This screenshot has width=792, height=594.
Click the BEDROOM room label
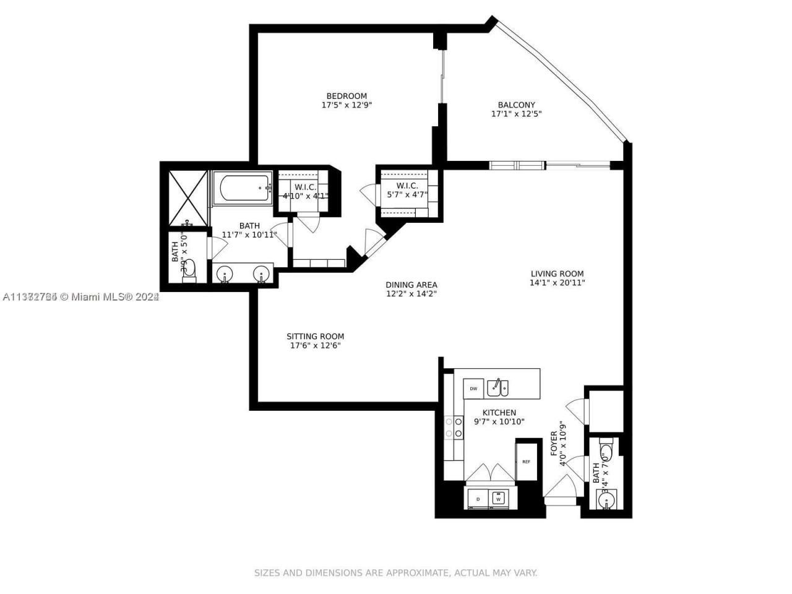point(346,96)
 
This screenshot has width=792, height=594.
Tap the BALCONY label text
point(516,105)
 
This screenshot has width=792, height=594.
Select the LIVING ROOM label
point(557,273)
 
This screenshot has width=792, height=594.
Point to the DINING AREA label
point(411,285)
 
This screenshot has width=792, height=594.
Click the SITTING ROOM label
point(315,337)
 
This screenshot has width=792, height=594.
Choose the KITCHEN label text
point(499,413)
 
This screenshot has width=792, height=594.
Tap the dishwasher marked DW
point(473,389)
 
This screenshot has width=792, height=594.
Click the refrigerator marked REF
point(526,462)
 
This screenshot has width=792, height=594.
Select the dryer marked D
point(478,497)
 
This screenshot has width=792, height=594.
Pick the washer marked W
point(498,497)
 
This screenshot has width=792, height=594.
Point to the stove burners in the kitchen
point(458,427)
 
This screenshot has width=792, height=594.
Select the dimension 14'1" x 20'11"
point(557,283)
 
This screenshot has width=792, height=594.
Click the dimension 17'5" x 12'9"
point(346,105)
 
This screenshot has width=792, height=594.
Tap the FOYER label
point(554,444)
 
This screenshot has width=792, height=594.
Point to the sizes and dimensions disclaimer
point(395,573)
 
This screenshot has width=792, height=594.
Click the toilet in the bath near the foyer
point(606,449)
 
